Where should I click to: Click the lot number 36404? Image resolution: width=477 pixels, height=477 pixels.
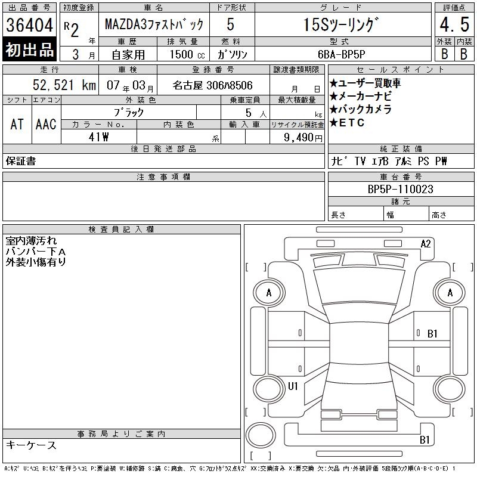[x=29, y=25]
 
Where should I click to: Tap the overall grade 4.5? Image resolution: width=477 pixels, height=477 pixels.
[x=454, y=24]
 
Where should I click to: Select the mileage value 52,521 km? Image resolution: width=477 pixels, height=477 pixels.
[x=64, y=85]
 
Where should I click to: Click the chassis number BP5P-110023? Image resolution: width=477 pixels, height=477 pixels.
[x=400, y=189]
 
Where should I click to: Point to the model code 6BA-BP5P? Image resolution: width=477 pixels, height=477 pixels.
[x=341, y=54]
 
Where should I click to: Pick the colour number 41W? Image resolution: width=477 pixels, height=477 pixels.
[x=98, y=137]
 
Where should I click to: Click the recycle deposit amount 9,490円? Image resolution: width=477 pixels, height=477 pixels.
[x=303, y=138]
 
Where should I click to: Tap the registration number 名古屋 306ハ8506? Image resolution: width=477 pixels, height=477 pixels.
[x=212, y=85]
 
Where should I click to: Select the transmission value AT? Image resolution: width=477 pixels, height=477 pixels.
[x=17, y=124]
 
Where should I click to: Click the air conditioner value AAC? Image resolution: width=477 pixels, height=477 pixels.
[x=46, y=124]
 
